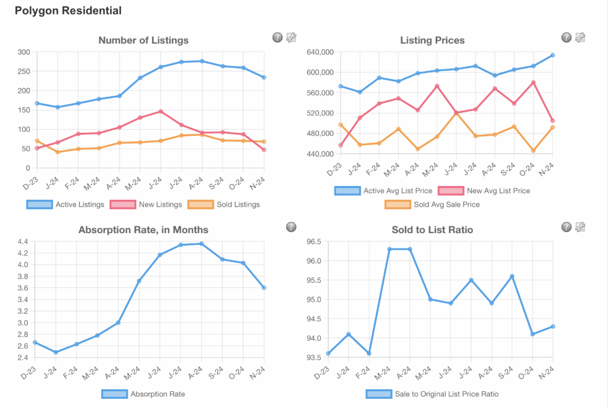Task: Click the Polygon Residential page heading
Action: pyautogui.click(x=68, y=11)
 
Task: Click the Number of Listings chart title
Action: pyautogui.click(x=143, y=40)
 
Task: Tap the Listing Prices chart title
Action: pyautogui.click(x=432, y=40)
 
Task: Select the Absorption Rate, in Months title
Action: pyautogui.click(x=143, y=230)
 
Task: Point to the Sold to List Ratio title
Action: pyautogui.click(x=432, y=230)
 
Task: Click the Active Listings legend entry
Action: pyautogui.click(x=66, y=204)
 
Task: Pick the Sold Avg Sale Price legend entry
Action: pyautogui.click(x=432, y=204)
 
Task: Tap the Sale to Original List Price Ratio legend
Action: pyautogui.click(x=432, y=394)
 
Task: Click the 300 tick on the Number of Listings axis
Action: pyautogui.click(x=24, y=52)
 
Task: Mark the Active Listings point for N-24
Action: pyautogui.click(x=264, y=78)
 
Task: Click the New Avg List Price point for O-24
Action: pyautogui.click(x=533, y=83)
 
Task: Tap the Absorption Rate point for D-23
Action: pyautogui.click(x=35, y=343)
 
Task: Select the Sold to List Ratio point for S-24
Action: pyautogui.click(x=512, y=276)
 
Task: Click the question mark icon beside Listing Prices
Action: pyautogui.click(x=566, y=37)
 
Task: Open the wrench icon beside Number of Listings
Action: pyautogui.click(x=291, y=37)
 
